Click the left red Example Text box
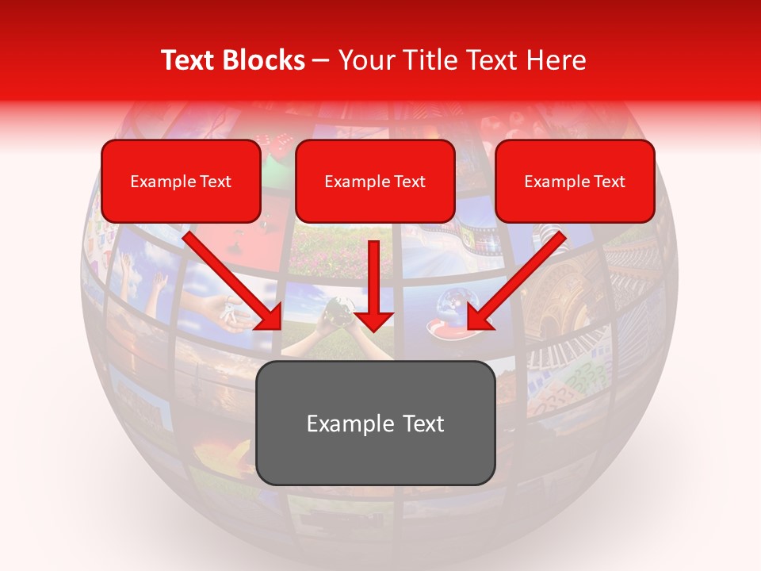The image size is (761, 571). click(x=181, y=182)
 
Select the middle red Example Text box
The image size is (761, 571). click(x=375, y=182)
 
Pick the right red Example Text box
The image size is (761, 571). click(x=575, y=182)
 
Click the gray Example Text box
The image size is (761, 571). click(x=375, y=423)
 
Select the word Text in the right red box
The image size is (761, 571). click(x=610, y=182)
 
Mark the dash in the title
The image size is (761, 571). click(x=321, y=61)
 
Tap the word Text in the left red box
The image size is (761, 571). click(x=216, y=182)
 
